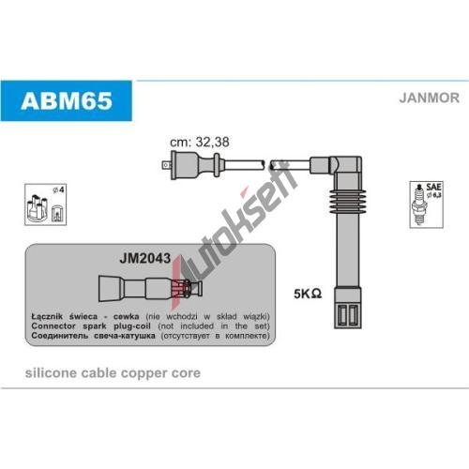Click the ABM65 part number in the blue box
(x=67, y=100)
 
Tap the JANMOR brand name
(x=429, y=98)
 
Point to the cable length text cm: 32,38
(x=200, y=143)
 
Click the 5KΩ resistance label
(x=308, y=294)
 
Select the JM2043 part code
(x=145, y=258)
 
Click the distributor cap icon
(x=37, y=208)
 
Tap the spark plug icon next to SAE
(x=419, y=204)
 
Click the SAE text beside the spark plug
(x=433, y=187)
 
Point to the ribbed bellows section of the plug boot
(x=348, y=201)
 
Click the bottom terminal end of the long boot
(x=348, y=308)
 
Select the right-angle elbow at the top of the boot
(x=345, y=166)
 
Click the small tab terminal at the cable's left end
(x=166, y=165)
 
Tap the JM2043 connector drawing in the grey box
(x=150, y=288)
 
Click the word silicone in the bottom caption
(x=51, y=372)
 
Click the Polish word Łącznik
(x=47, y=317)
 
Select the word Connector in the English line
(x=53, y=325)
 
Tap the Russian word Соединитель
(x=60, y=336)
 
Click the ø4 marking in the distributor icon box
(x=58, y=189)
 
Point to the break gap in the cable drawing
(x=267, y=165)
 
